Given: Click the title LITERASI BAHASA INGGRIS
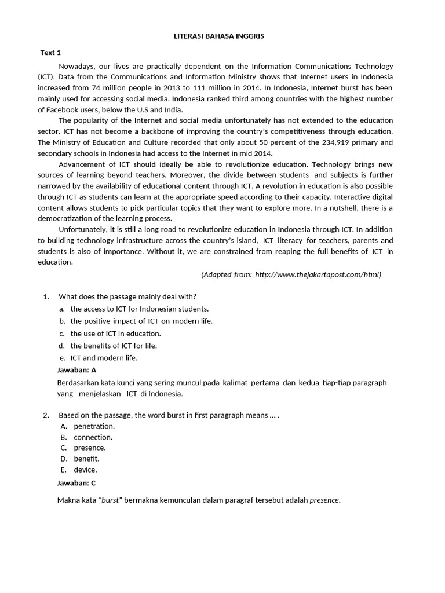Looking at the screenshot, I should coord(219,36).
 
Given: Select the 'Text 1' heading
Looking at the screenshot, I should coord(50,53).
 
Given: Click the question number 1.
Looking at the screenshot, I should coord(46,296).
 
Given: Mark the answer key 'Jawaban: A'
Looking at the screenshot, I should coord(76,369).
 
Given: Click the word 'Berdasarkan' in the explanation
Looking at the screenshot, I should coord(79,383).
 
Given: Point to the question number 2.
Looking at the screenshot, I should coord(46,415).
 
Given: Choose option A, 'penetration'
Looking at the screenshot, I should coord(94,426).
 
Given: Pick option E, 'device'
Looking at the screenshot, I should coord(85,470).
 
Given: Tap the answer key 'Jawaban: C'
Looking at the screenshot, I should coord(76,482).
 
